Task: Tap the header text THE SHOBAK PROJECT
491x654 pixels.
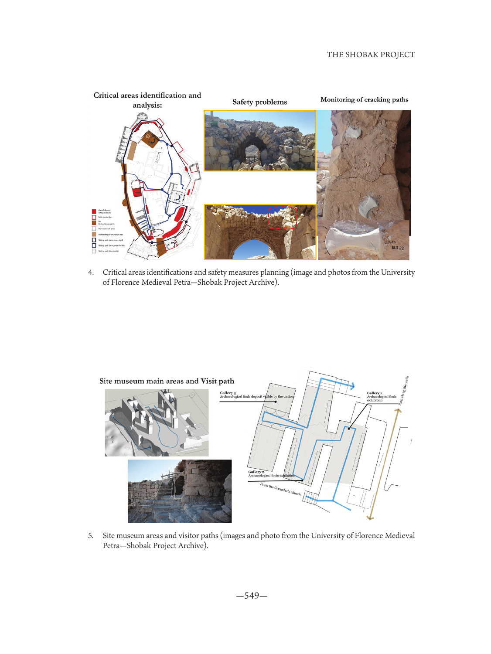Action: coord(371,54)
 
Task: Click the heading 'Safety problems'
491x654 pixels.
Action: coord(259,102)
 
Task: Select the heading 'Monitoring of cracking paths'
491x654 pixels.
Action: coord(364,100)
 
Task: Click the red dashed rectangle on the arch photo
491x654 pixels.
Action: coord(283,218)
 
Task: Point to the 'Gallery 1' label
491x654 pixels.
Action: coord(374,393)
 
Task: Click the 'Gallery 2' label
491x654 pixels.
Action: coord(256,472)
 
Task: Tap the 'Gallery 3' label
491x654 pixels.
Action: coord(228,393)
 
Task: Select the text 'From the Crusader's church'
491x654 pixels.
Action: coord(280,489)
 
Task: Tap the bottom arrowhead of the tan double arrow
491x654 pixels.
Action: coord(370,518)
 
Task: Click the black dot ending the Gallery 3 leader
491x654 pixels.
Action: coord(276,402)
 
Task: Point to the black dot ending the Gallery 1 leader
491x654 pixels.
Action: coord(349,429)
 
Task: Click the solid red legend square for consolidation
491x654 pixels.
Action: coord(94,211)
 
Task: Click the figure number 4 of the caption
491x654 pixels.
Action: coord(91,272)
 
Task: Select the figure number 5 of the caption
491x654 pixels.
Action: coord(91,536)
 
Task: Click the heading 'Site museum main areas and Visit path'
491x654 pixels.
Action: coord(167,381)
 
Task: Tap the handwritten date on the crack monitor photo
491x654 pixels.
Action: coord(398,248)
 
